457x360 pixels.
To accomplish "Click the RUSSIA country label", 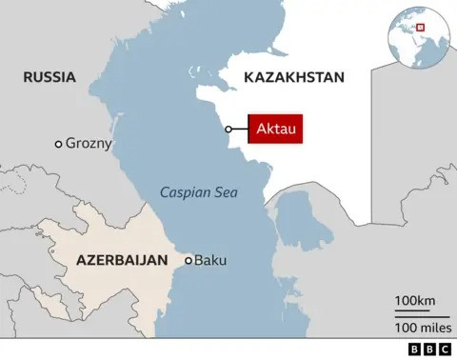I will [x=50, y=77].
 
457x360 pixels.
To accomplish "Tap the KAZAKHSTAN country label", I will [x=293, y=77].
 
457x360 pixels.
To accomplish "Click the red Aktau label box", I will [x=276, y=129].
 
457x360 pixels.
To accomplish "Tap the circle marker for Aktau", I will [x=228, y=129].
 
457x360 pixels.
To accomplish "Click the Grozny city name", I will [x=89, y=144].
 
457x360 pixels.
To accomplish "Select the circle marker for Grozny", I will [x=59, y=144].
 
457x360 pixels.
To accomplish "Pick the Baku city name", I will [x=211, y=259].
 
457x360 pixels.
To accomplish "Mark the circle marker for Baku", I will [x=189, y=259].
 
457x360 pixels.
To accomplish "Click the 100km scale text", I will [x=415, y=302].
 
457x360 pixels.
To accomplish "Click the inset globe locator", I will [x=416, y=30].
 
